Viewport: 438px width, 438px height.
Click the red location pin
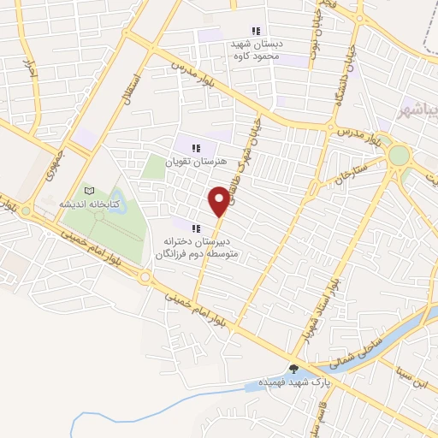point(220,200)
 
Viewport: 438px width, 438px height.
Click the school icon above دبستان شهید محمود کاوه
point(256,31)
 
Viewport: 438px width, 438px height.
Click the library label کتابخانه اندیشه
point(88,205)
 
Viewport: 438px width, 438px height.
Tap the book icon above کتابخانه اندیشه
point(90,191)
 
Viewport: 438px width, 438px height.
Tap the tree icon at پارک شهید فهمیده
point(295,370)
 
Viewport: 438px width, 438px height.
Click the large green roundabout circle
point(398,156)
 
